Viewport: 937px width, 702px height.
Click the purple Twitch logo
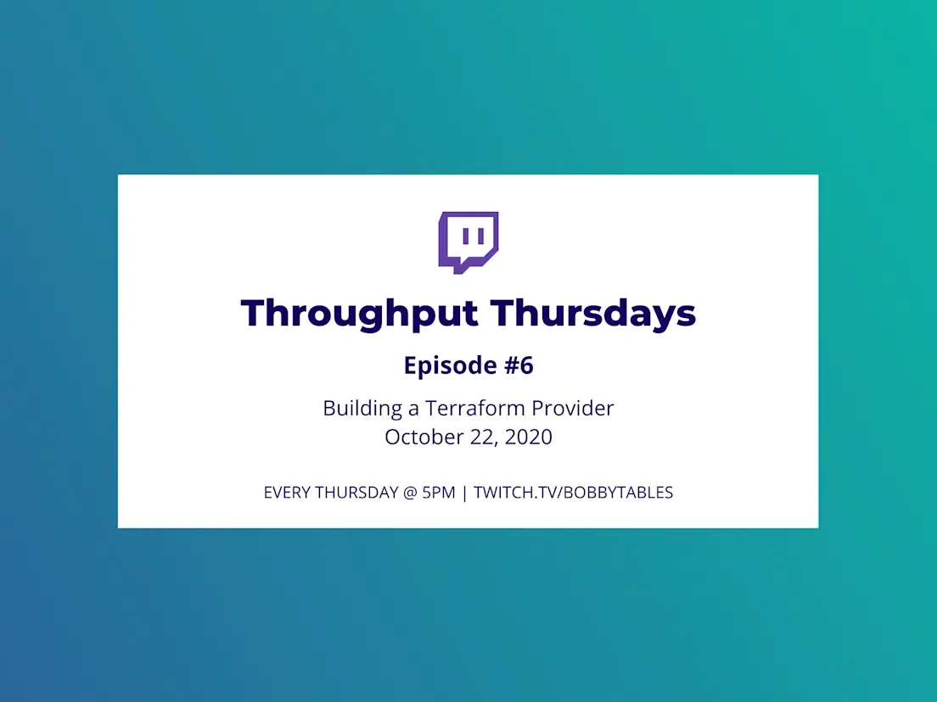coord(468,242)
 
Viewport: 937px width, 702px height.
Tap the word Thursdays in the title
coord(593,314)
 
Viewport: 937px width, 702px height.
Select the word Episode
coord(451,365)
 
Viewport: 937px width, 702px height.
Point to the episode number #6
coord(519,365)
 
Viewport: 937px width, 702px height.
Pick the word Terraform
coord(475,409)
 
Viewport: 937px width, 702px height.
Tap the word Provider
coord(573,409)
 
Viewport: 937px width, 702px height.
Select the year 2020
coord(528,437)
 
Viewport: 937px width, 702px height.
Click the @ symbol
coord(410,493)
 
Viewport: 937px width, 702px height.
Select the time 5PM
coord(439,493)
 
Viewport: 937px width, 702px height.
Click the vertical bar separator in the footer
coord(464,493)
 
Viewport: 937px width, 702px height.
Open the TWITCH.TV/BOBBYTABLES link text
coord(574,493)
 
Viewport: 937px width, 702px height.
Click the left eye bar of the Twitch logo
coord(465,237)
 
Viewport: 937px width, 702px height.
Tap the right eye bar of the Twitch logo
coord(481,237)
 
